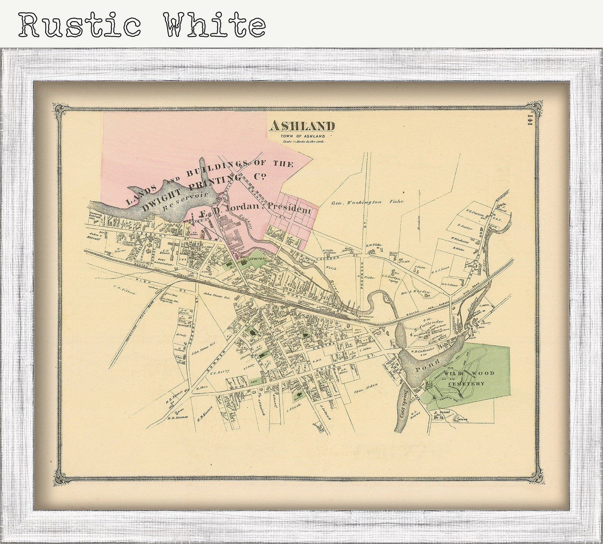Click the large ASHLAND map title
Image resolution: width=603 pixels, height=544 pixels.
pyautogui.click(x=302, y=126)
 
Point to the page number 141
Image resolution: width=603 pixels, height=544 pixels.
pyautogui.click(x=531, y=119)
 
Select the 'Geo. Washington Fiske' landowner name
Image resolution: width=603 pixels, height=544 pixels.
pyautogui.click(x=367, y=202)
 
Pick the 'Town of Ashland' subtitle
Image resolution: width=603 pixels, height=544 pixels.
pyautogui.click(x=303, y=136)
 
